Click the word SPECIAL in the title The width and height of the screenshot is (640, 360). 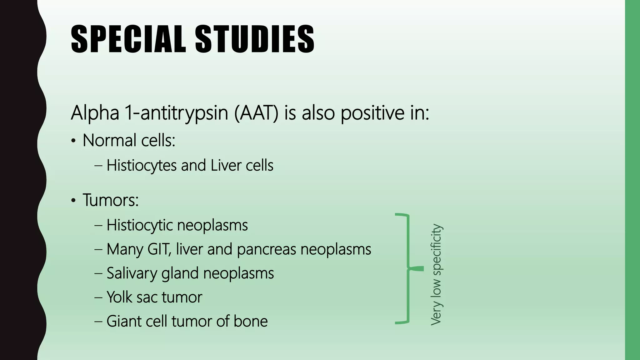point(128,40)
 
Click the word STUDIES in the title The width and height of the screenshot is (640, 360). point(255,40)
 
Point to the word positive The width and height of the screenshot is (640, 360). point(369,113)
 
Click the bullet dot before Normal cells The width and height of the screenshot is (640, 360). point(73,141)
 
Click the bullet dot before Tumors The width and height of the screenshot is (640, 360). point(73,201)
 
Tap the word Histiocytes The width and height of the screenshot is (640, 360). point(142,166)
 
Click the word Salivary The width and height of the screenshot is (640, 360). point(132,273)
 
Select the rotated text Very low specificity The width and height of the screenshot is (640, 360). point(436,274)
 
